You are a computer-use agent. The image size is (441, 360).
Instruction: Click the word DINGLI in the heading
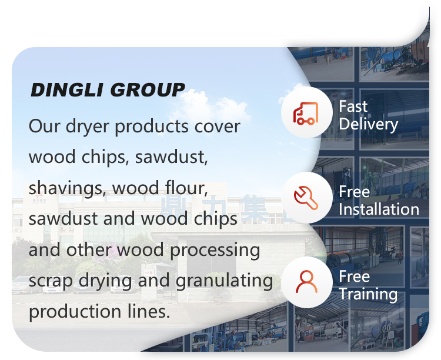[x=66, y=90]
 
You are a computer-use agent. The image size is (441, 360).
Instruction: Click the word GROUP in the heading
[x=148, y=90]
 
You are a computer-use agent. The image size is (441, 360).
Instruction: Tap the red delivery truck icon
[x=306, y=113]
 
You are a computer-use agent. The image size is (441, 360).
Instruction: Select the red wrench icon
[x=306, y=198]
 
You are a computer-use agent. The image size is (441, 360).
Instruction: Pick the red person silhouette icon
[x=306, y=282]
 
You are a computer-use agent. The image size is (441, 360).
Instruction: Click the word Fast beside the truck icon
[x=353, y=106]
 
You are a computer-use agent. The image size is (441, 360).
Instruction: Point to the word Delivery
[x=369, y=124]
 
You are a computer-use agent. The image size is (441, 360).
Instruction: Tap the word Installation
[x=379, y=209]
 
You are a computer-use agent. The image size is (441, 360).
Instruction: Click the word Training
[x=368, y=294]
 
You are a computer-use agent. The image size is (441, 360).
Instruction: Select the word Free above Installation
[x=355, y=192]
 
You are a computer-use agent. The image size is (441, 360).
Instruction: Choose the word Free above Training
[x=355, y=276]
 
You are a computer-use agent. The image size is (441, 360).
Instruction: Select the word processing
[x=215, y=250]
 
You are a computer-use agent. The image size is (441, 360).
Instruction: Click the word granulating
[x=224, y=281]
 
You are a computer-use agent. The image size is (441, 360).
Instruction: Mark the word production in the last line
[x=75, y=312]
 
